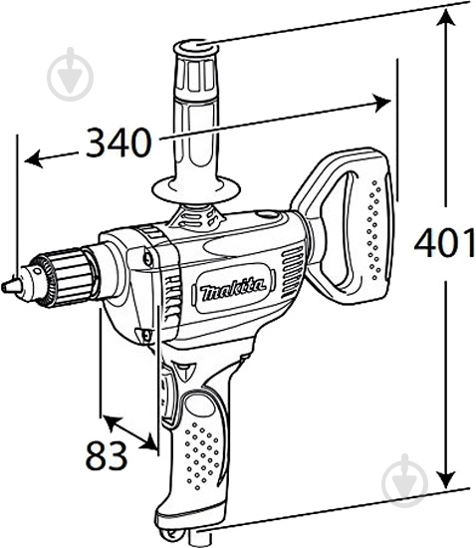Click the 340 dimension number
coord(118,143)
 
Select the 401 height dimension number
coord(443,242)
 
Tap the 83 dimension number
coord(107,455)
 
